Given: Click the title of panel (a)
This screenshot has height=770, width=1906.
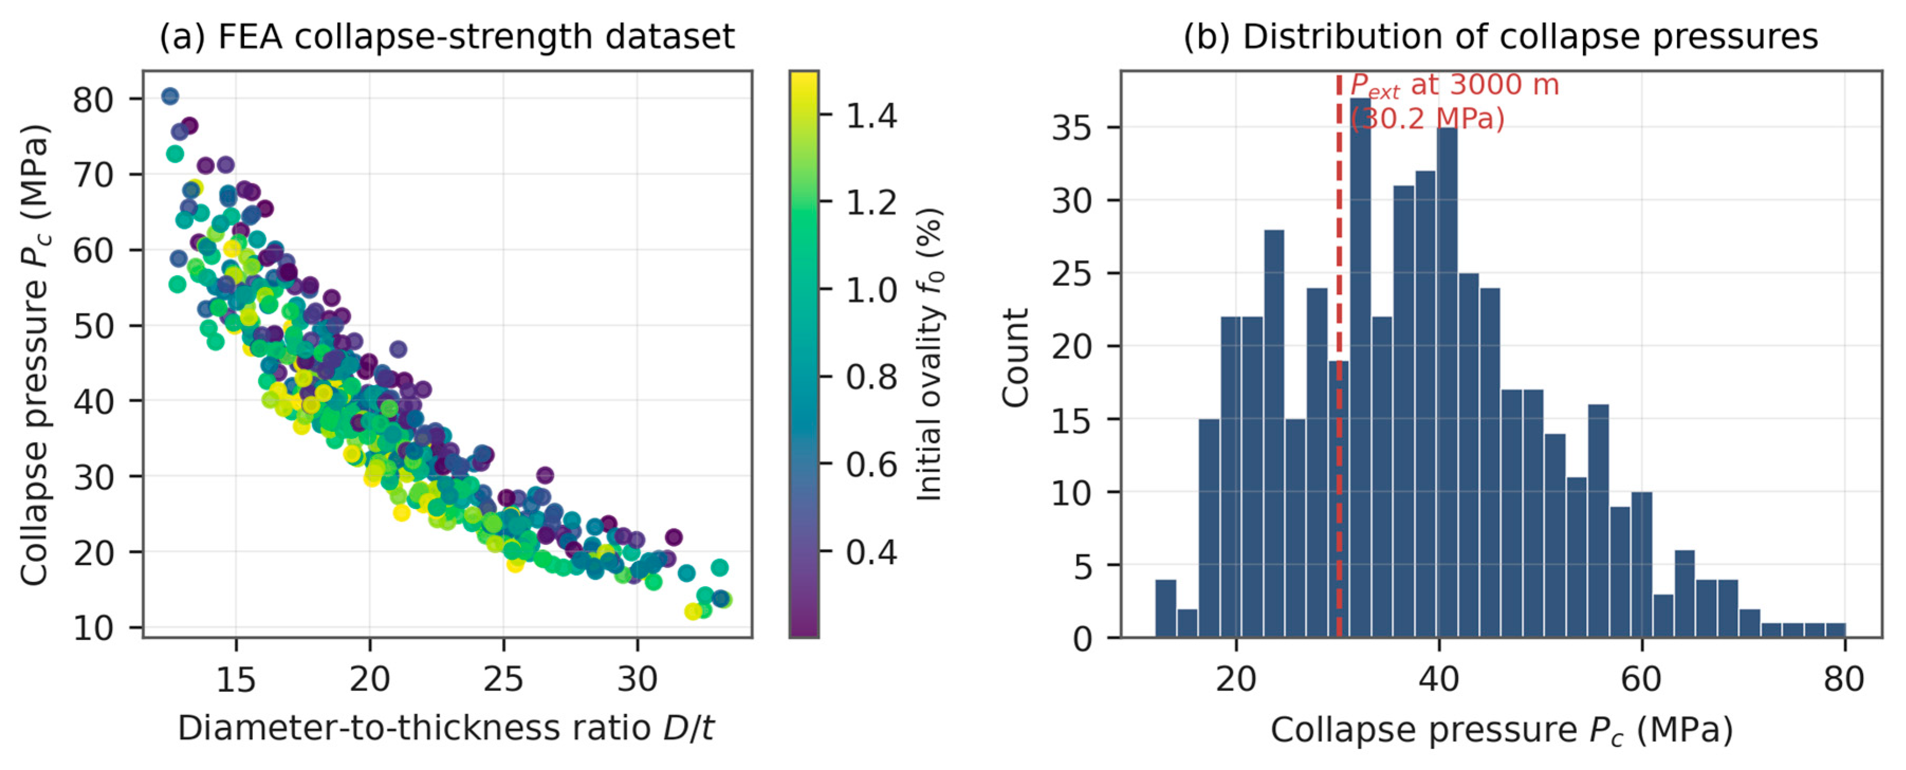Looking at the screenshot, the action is coord(447,36).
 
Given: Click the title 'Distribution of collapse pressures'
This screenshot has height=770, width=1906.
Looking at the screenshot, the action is coord(1530,36).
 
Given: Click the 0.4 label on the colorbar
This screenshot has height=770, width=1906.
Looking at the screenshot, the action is coord(871,551).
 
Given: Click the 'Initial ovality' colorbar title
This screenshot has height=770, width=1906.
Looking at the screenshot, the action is coord(929,354).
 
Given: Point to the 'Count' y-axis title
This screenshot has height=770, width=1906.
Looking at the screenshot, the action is coord(1015,357).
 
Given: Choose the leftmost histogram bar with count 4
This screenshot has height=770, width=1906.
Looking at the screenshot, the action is coord(1165,608).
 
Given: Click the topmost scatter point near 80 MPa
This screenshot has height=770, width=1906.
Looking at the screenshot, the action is coord(170,96).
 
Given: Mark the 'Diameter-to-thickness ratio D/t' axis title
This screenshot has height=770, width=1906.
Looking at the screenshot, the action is coord(446,729).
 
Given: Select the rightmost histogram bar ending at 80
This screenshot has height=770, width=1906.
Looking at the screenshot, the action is coord(1835,629).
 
